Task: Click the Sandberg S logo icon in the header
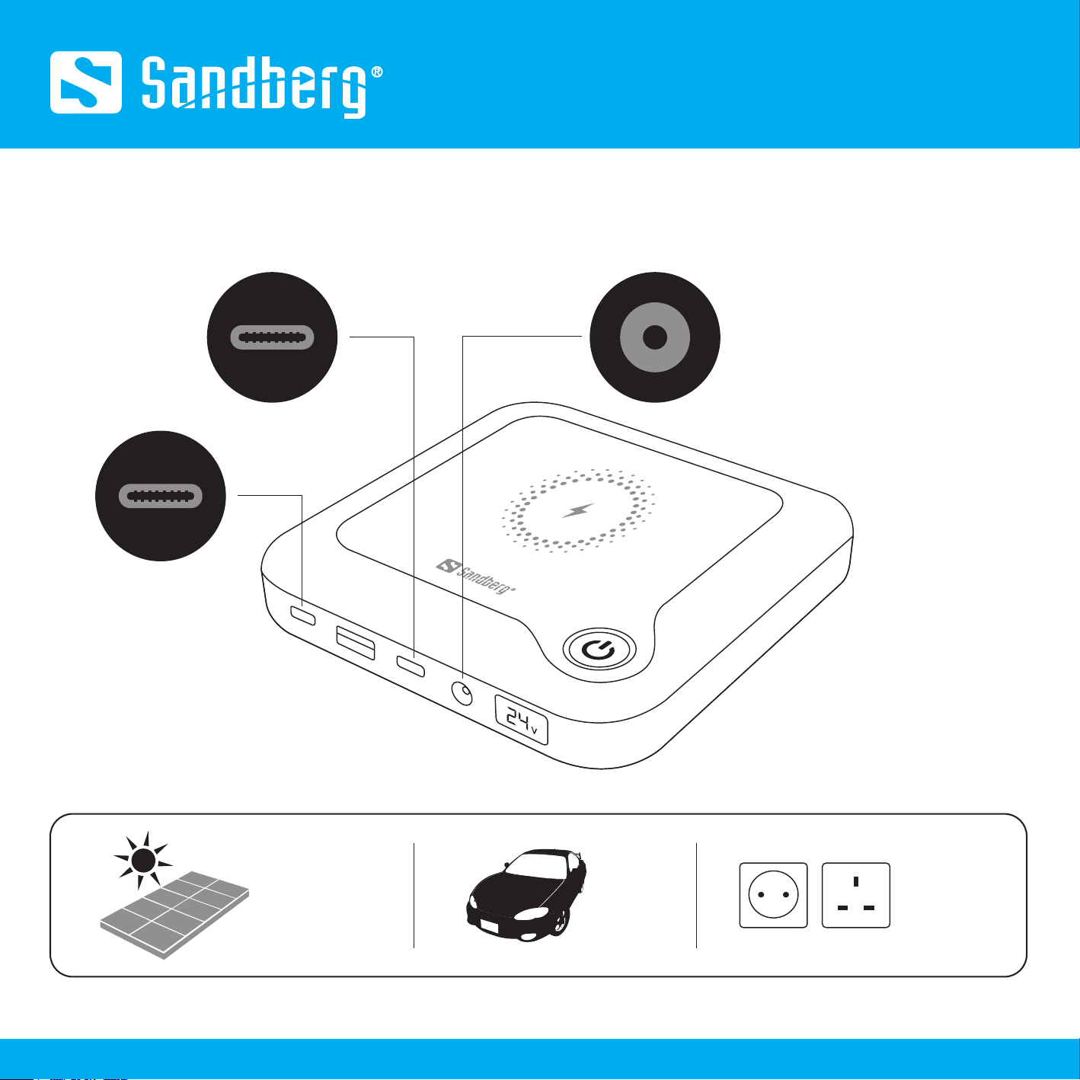pos(86,82)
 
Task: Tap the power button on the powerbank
pos(599,650)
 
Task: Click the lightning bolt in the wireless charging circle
pos(578,510)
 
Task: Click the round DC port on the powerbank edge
pos(462,694)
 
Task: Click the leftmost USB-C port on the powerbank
pos(302,615)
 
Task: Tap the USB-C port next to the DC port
pos(411,666)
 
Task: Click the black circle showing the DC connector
pos(655,337)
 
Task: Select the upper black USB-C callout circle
pos(273,337)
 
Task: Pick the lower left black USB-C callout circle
pos(161,496)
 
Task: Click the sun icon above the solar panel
pos(142,860)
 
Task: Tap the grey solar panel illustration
pos(176,914)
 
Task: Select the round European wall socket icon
pos(773,895)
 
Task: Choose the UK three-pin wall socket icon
pos(856,895)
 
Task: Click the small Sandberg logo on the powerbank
pos(476,577)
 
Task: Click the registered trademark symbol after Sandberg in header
pos(376,73)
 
